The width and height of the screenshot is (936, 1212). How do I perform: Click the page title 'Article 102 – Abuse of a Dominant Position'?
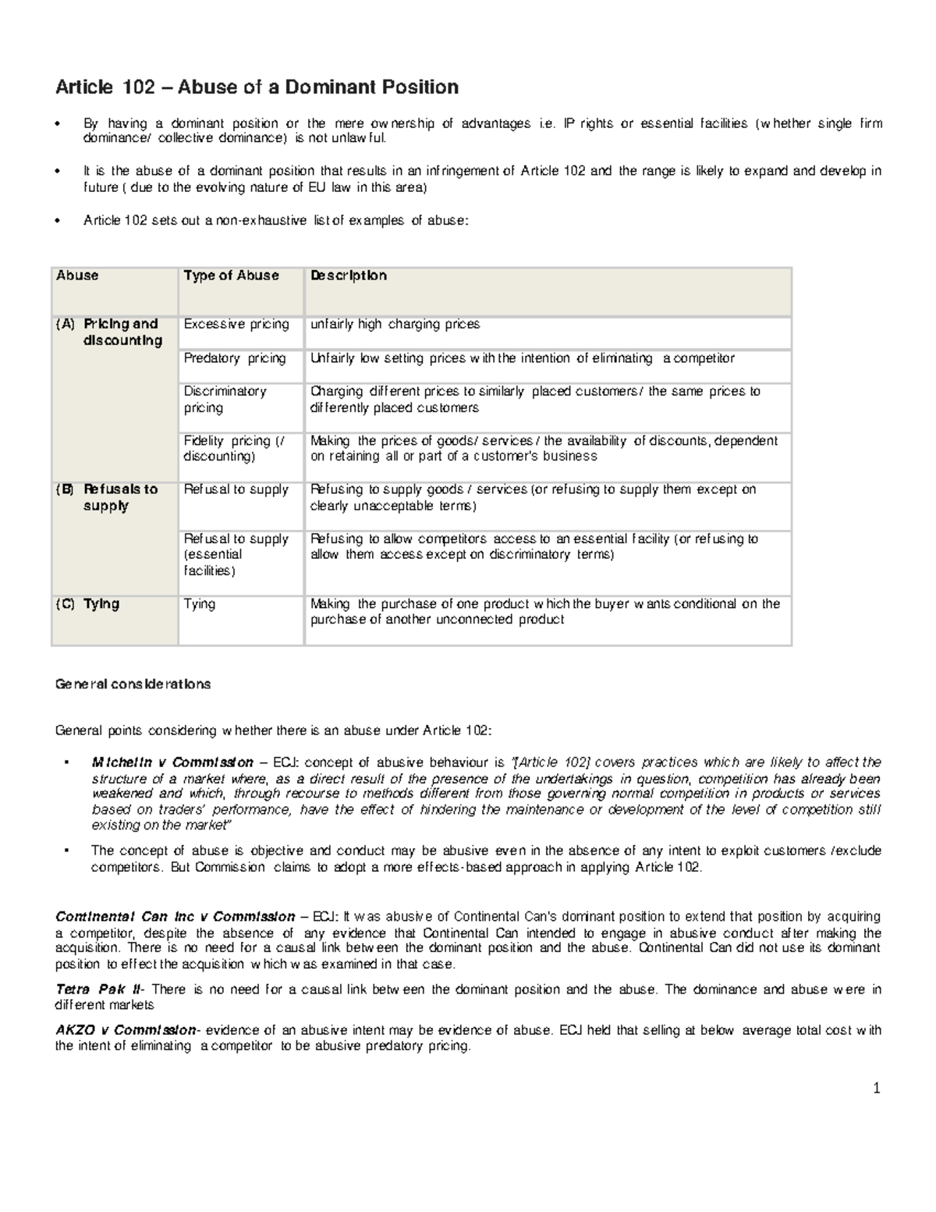pos(257,87)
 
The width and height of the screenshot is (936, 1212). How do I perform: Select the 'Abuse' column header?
pos(77,275)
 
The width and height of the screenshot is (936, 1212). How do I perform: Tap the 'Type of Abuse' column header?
pos(231,275)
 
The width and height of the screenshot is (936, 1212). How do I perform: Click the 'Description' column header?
pos(348,275)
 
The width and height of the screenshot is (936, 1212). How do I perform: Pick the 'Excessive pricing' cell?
pos(236,324)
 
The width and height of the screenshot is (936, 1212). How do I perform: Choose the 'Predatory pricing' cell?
pos(235,358)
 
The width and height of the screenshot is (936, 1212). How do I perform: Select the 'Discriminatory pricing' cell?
pos(225,400)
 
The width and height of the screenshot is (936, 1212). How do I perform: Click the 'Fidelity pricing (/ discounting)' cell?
pos(234,448)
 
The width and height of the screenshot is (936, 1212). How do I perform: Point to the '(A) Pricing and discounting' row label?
pos(109,332)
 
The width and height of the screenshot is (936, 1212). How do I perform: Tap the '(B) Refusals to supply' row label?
pos(108,497)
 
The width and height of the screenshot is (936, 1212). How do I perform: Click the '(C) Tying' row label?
pos(87,603)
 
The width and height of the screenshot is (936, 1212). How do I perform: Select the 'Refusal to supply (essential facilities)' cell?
pos(236,554)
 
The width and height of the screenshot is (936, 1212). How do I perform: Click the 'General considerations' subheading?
pos(133,684)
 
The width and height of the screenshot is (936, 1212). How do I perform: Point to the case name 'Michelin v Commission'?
pos(172,762)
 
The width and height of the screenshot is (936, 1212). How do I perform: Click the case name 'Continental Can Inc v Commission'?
pos(175,916)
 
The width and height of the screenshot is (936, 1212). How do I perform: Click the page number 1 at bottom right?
pos(877,1088)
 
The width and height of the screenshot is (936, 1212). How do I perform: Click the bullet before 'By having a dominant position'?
pos(58,123)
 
